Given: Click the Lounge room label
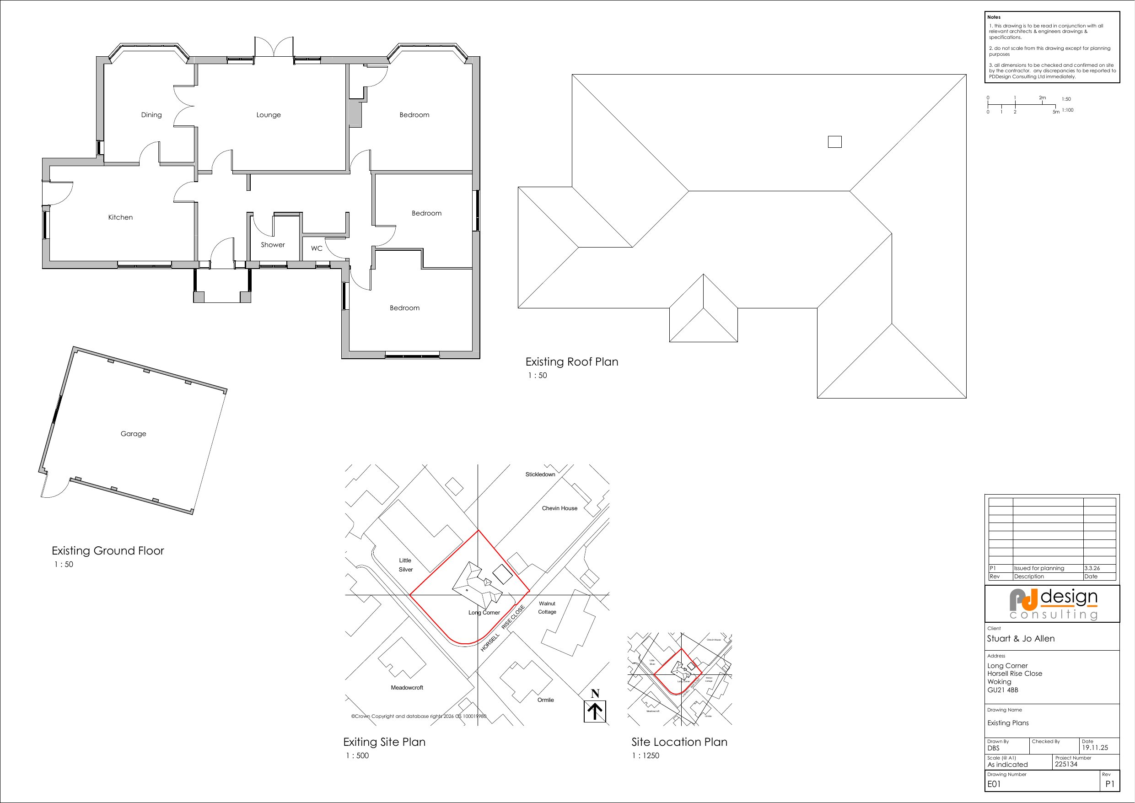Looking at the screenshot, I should click(x=269, y=115).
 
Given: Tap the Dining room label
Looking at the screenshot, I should click(x=151, y=115).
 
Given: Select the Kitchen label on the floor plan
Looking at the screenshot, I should click(x=120, y=217).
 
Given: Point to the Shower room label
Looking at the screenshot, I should click(x=273, y=245).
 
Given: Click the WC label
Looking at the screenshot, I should click(x=317, y=248).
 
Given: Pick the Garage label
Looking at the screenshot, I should click(x=133, y=434).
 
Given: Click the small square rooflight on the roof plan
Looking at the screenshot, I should click(x=834, y=142).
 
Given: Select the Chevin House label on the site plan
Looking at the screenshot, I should click(x=559, y=508).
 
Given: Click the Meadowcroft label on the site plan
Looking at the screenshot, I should click(x=407, y=688).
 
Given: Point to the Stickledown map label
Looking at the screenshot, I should click(x=540, y=474).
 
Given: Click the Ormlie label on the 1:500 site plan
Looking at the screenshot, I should click(x=545, y=700).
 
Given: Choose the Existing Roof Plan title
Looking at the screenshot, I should click(x=571, y=362).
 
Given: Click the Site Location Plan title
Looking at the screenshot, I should click(x=679, y=742).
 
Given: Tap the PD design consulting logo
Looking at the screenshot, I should click(x=1053, y=604).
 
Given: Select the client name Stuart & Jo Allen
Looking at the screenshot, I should click(x=1020, y=639).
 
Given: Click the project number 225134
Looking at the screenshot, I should click(x=1066, y=765).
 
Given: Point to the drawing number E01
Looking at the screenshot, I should click(x=994, y=784).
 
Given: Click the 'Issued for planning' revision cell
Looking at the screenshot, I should click(x=1038, y=569).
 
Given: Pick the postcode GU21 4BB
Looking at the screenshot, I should click(x=1002, y=690).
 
